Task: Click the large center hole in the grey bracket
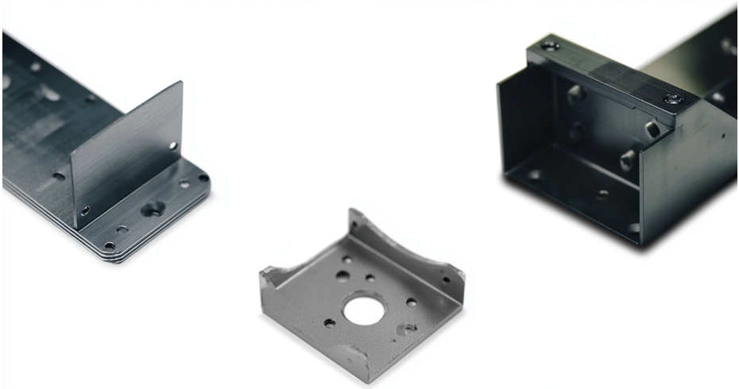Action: (364, 309)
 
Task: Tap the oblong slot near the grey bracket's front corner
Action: (407, 328)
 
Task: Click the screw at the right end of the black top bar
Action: (674, 99)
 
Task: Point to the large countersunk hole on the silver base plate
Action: (153, 209)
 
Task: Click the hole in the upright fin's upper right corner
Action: (172, 145)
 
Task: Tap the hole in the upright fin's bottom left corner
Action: (85, 210)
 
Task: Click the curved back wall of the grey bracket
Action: (397, 238)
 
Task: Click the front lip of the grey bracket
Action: (350, 357)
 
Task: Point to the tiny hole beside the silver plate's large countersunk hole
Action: (122, 229)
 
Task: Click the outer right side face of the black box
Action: (691, 167)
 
